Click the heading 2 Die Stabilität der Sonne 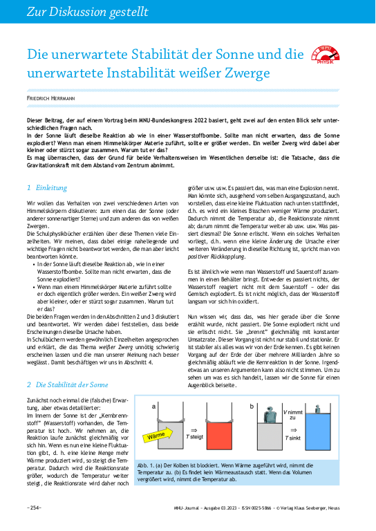click(x=67, y=384)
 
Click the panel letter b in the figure click(x=252, y=406)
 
